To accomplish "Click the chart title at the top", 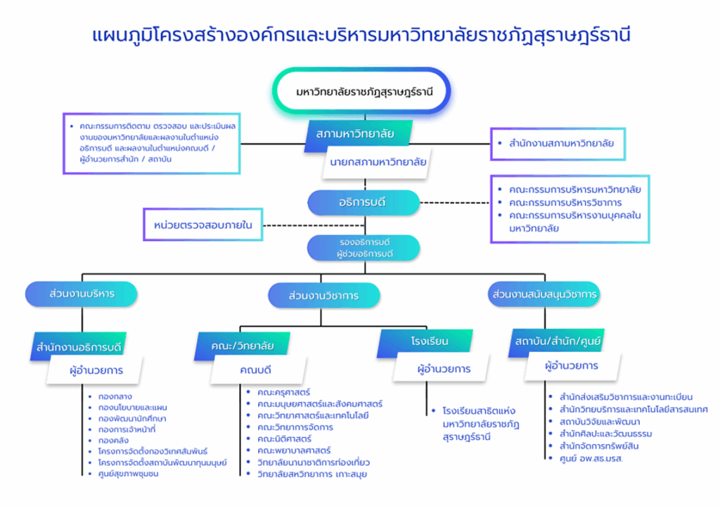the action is click(361, 35).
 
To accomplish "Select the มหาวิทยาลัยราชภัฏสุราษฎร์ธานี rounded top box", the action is click(361, 91).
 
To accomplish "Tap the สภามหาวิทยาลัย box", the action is click(358, 134).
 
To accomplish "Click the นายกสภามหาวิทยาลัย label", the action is click(378, 162).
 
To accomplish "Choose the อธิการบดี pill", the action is click(364, 202).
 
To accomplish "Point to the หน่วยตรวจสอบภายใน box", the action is click(203, 224).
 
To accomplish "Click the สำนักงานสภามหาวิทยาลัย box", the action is click(558, 144).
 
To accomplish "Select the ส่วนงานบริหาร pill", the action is click(82, 294).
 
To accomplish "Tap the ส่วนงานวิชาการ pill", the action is click(323, 295).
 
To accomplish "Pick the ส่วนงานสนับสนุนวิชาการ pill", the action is click(544, 294).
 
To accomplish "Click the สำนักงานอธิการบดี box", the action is click(79, 346).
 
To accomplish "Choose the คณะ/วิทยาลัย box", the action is click(243, 346).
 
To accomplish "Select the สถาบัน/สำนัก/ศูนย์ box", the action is click(557, 342).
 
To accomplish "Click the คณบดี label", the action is click(255, 370).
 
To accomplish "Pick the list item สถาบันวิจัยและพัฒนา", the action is click(594, 422).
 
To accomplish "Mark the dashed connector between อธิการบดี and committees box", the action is click(455, 202).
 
